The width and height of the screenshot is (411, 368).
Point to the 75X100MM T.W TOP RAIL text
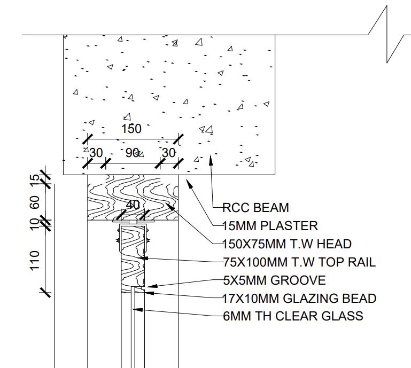299,262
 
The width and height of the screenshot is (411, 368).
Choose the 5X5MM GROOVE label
274,280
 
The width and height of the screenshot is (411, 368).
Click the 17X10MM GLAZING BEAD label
299,299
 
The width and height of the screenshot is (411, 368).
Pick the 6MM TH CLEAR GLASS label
293,316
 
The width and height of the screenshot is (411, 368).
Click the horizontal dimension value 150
131,129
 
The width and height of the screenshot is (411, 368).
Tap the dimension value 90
133,153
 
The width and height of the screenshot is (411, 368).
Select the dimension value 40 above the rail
133,205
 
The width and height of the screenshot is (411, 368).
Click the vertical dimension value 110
35,261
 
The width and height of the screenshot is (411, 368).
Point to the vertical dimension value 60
35,203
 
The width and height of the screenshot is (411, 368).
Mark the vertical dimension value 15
35,179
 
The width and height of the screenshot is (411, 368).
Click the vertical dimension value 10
35,223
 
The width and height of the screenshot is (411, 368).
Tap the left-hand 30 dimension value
96,153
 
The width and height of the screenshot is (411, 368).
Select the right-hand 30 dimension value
168,153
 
